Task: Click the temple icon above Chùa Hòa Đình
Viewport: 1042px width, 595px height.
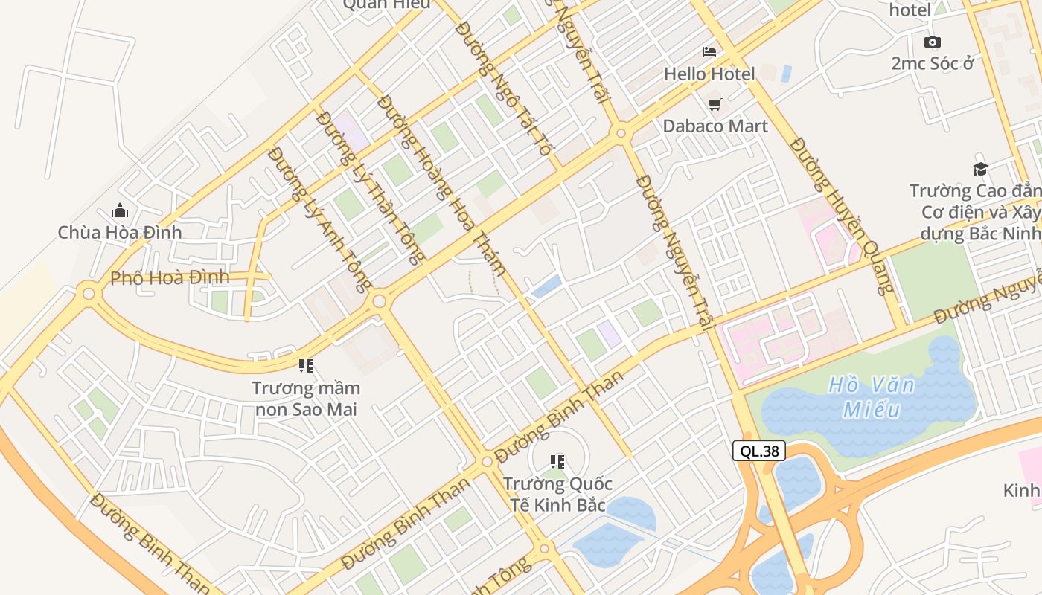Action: (120, 211)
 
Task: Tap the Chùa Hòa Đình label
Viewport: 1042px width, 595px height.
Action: (120, 232)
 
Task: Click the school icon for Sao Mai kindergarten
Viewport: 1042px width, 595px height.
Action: (305, 365)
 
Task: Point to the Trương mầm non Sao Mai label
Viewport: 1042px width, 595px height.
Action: (306, 399)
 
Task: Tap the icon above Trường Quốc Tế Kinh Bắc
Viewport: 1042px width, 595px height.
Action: (557, 462)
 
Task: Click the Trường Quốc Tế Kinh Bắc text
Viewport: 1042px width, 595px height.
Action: (557, 494)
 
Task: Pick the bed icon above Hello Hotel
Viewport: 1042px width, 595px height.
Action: (709, 52)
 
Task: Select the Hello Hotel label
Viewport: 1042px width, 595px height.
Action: (709, 74)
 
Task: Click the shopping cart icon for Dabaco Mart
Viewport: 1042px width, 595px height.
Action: (715, 104)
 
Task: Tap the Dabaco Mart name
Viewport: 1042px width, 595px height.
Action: (715, 126)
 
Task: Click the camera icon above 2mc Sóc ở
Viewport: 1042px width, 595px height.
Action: (932, 42)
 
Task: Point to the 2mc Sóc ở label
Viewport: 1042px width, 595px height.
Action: (933, 63)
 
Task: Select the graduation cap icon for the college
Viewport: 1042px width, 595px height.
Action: (980, 170)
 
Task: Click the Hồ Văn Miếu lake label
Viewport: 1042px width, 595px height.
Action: (872, 397)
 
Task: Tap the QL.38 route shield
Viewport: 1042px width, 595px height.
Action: (759, 451)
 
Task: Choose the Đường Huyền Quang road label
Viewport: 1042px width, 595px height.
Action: (840, 215)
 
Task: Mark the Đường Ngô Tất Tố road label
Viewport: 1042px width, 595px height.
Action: (505, 88)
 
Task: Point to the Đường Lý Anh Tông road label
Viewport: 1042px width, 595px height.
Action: (319, 219)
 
